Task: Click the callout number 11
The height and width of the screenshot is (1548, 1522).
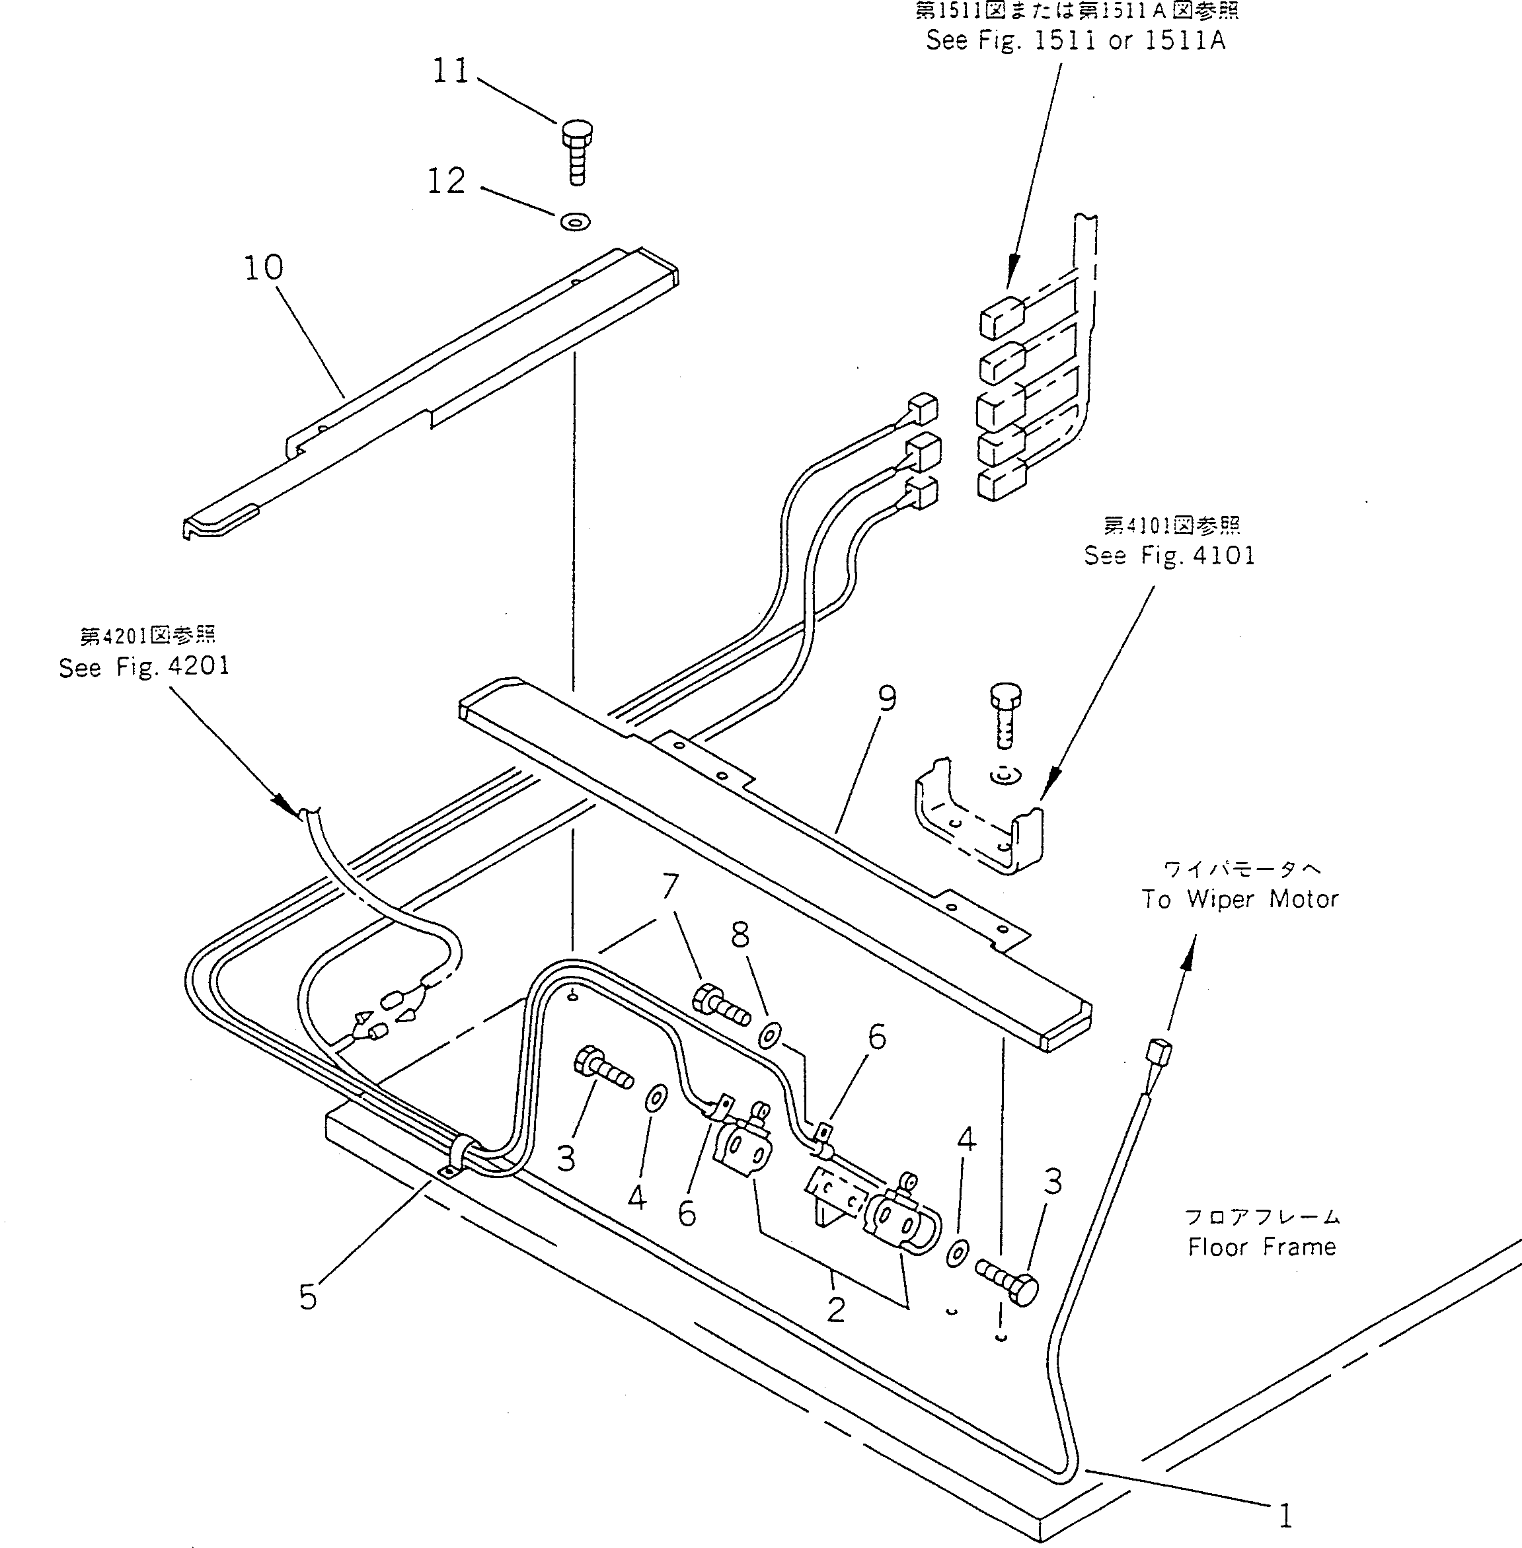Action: tap(450, 71)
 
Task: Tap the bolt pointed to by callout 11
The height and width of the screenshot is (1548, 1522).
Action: tap(577, 152)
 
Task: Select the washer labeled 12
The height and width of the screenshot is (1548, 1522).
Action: tap(576, 221)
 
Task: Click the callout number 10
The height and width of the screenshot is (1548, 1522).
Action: tap(263, 268)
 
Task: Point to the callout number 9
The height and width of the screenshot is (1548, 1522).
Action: tap(888, 698)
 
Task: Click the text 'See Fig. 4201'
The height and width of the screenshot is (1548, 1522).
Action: tap(144, 667)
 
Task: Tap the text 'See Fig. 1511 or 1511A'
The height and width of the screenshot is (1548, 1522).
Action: tap(1075, 40)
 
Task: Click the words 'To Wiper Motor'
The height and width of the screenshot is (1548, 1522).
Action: tap(1239, 899)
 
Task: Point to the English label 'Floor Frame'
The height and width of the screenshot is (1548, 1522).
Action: tap(1262, 1247)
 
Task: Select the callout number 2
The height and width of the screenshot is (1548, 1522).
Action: tap(836, 1309)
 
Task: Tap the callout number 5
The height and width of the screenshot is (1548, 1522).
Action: tap(309, 1297)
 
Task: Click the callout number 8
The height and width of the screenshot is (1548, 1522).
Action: tap(740, 935)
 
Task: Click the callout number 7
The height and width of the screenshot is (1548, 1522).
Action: tap(670, 886)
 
